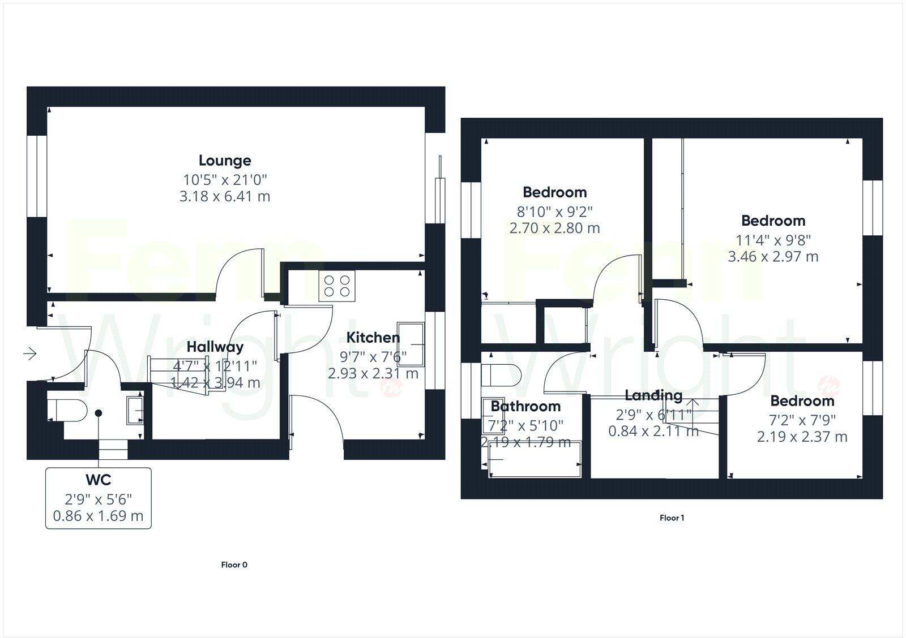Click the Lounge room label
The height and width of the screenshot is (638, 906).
[225, 161]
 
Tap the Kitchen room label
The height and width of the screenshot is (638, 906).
[373, 338]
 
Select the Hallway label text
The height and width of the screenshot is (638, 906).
[215, 347]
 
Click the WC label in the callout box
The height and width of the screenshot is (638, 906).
[98, 480]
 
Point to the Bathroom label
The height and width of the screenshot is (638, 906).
[525, 406]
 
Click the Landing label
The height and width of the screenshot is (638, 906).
[653, 395]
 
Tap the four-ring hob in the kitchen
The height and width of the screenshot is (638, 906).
[337, 286]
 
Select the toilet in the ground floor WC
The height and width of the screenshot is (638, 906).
[67, 409]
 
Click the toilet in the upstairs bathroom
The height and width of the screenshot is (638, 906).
[501, 374]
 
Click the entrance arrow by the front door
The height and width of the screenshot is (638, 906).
[30, 354]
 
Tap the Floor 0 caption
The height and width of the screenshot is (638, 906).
[234, 564]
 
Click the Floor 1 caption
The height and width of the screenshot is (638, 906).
[672, 518]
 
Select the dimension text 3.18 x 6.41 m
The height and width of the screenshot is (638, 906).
[225, 196]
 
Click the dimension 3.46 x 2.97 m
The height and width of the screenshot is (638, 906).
[773, 256]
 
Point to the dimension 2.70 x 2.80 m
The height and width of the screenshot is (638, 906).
[554, 228]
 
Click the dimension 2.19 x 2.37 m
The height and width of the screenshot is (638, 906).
[802, 437]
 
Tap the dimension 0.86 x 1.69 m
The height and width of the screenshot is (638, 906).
[98, 516]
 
